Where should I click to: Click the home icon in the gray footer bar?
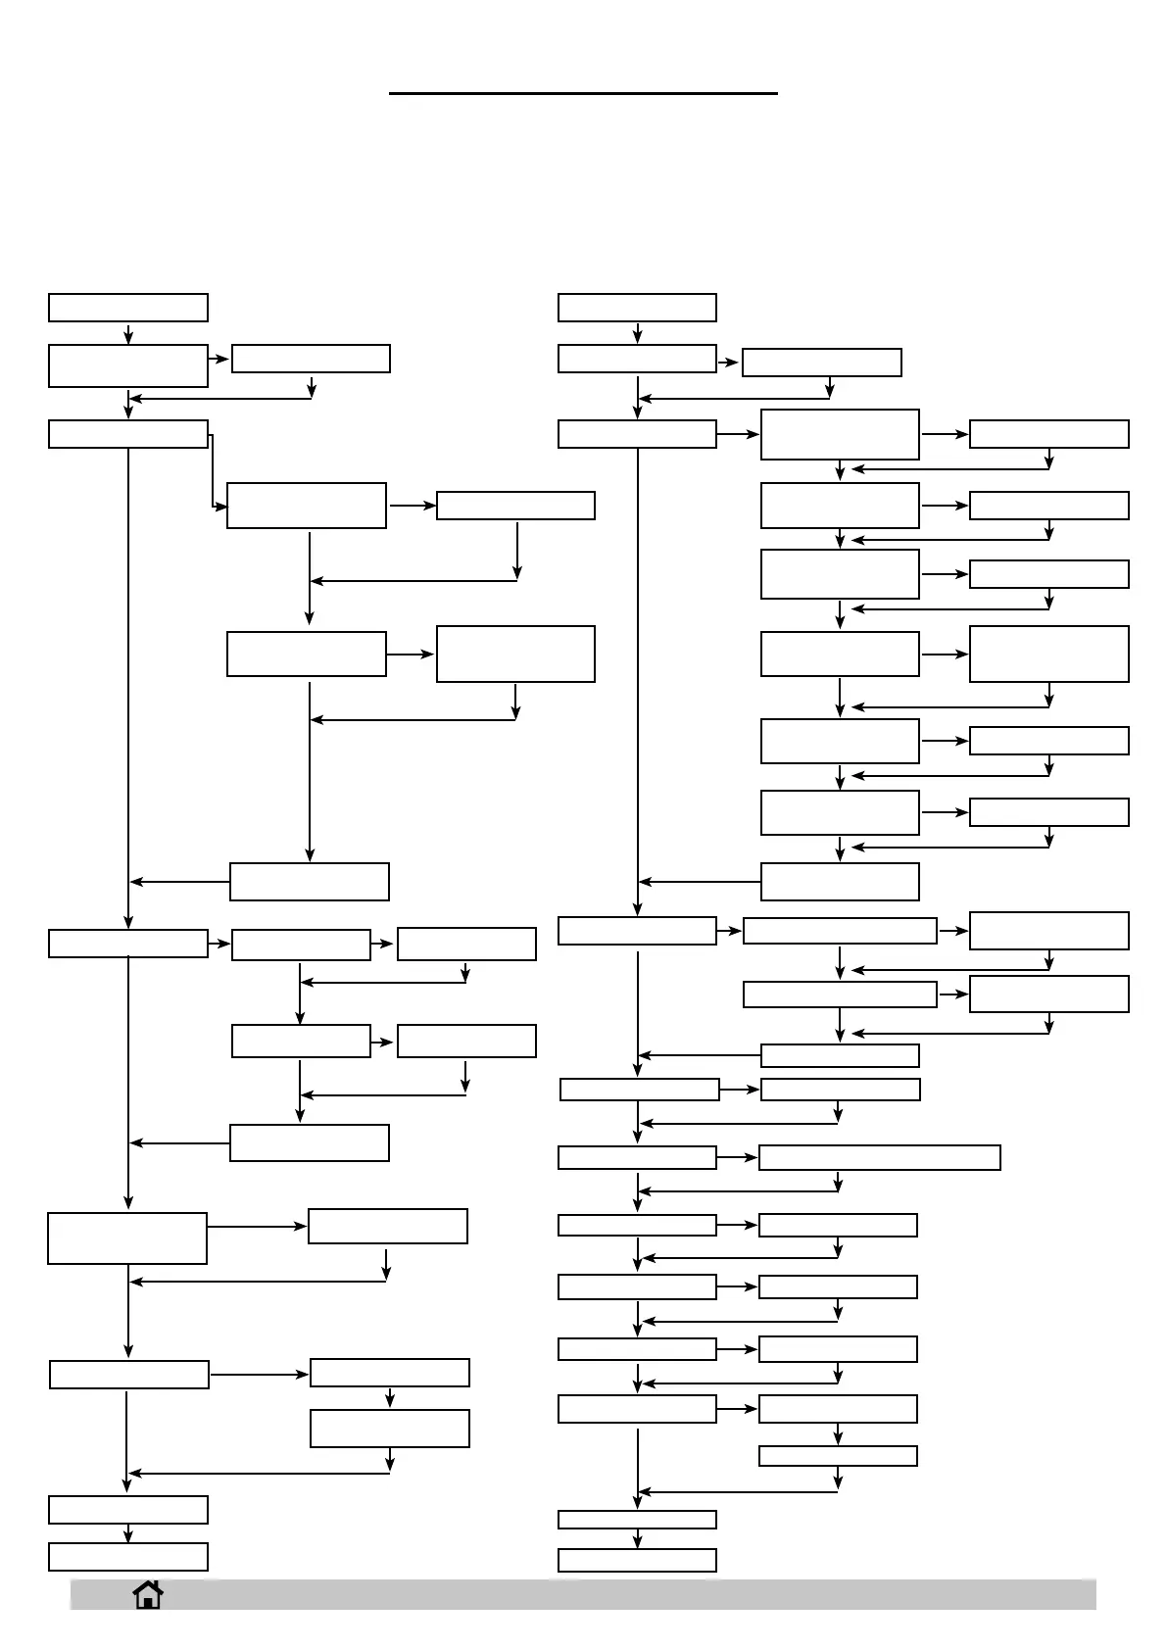pyautogui.click(x=148, y=1595)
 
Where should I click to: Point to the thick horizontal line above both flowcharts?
pyautogui.click(x=583, y=93)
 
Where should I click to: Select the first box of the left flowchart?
pyautogui.click(x=128, y=307)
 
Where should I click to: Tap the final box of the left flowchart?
pyautogui.click(x=128, y=1556)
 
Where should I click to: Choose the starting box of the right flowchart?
pyautogui.click(x=637, y=307)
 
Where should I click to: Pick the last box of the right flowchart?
pyautogui.click(x=637, y=1559)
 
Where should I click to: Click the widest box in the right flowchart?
pyautogui.click(x=879, y=1157)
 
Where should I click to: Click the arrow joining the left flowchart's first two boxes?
pyautogui.click(x=128, y=333)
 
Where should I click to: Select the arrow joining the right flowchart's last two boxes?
pyautogui.click(x=637, y=1538)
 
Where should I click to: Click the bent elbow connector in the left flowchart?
pyautogui.click(x=213, y=470)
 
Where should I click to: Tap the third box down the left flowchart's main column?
pyautogui.click(x=128, y=434)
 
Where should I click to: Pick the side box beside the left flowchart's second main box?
pyautogui.click(x=311, y=359)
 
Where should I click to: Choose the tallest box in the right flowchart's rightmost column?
pyautogui.click(x=1048, y=654)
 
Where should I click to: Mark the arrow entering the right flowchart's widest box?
pyautogui.click(x=738, y=1157)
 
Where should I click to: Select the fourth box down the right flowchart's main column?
pyautogui.click(x=637, y=931)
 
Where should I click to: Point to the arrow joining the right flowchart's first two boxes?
pyautogui.click(x=637, y=333)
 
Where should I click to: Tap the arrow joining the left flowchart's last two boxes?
pyautogui.click(x=128, y=1533)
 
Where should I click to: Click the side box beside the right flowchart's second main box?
pyautogui.click(x=821, y=363)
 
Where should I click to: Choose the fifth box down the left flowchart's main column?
pyautogui.click(x=127, y=1238)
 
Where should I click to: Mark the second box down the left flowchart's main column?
pyautogui.click(x=128, y=365)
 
